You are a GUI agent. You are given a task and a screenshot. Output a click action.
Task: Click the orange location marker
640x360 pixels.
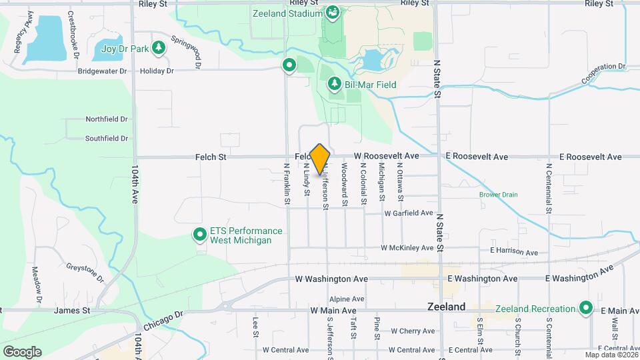320,159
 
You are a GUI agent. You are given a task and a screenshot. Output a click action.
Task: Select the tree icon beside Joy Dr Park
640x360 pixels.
158,47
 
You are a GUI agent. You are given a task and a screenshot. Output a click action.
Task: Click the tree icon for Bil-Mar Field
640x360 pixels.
335,84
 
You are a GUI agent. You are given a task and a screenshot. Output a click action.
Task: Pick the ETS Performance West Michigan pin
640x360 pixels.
199,235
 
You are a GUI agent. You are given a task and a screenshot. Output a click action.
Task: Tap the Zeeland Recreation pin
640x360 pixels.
586,308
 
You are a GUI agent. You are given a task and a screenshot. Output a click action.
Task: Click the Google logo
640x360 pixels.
22,352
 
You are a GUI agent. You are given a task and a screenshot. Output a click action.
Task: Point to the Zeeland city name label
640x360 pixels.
446,307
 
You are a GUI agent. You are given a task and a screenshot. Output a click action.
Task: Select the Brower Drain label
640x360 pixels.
498,195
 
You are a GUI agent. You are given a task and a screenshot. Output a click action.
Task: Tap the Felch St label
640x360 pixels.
211,157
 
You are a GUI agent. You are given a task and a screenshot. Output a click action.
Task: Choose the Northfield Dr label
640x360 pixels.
106,119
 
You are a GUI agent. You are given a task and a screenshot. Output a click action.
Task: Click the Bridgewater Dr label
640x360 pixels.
102,71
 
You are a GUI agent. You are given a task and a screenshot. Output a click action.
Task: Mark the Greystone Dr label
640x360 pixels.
85,273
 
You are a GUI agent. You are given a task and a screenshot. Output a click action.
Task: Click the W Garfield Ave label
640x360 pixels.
409,213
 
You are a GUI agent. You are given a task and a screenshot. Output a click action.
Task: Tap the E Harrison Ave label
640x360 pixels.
513,253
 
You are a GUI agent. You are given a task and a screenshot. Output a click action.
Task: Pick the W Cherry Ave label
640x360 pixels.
413,331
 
